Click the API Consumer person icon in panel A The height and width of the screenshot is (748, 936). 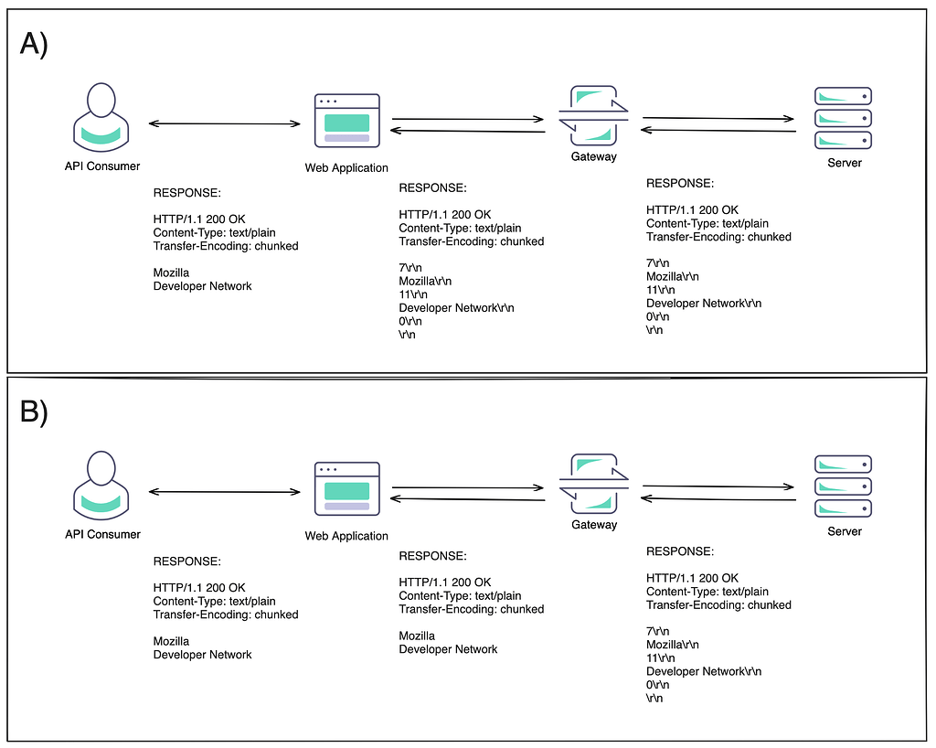coord(101,117)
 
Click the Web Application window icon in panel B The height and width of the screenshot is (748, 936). coord(346,488)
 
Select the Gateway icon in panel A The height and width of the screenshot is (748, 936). coord(593,115)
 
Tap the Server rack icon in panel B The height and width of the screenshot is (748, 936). coord(843,486)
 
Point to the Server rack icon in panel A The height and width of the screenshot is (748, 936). coord(843,118)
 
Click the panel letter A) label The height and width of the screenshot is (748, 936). coord(34,44)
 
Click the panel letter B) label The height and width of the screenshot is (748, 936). coord(34,412)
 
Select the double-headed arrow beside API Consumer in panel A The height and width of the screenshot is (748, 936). coord(225,123)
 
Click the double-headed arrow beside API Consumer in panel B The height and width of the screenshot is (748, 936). coord(225,492)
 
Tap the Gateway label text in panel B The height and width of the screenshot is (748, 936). coord(594,525)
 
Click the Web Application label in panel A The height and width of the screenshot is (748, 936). coord(346,167)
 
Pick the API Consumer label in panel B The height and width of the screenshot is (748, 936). coord(102,534)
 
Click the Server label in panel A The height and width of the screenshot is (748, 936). coord(844,163)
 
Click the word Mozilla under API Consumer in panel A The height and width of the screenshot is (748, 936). coord(171,272)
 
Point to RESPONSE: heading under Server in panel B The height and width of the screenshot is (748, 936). coord(680,551)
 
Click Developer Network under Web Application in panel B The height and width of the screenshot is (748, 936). coord(448,649)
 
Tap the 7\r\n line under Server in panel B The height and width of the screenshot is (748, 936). coord(657,631)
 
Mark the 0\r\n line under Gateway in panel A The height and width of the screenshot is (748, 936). coord(657,316)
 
